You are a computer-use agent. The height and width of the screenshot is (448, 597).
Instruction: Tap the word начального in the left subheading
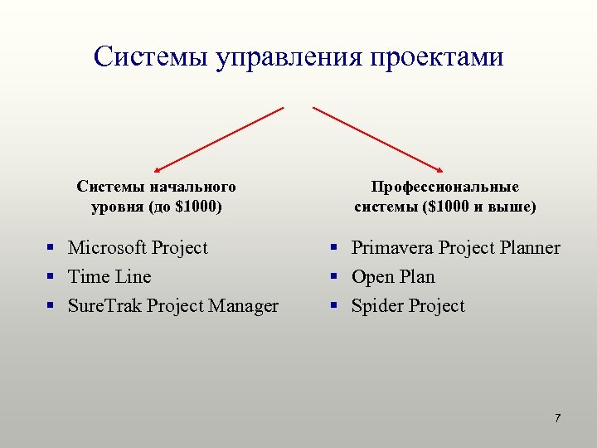click(x=195, y=187)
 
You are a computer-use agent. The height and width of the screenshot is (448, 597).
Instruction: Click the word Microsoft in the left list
click(x=106, y=247)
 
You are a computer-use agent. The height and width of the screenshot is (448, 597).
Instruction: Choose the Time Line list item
click(x=109, y=276)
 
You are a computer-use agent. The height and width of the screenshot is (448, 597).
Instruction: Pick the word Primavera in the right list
click(x=392, y=247)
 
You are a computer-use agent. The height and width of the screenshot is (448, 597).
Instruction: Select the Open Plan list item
click(x=393, y=276)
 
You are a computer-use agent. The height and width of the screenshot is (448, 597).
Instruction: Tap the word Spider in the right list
click(x=375, y=306)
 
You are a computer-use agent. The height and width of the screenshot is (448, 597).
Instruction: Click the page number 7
click(x=558, y=417)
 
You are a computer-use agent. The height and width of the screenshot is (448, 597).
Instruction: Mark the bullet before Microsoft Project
click(x=51, y=247)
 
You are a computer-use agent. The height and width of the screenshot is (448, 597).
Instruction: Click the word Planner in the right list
click(x=530, y=247)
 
